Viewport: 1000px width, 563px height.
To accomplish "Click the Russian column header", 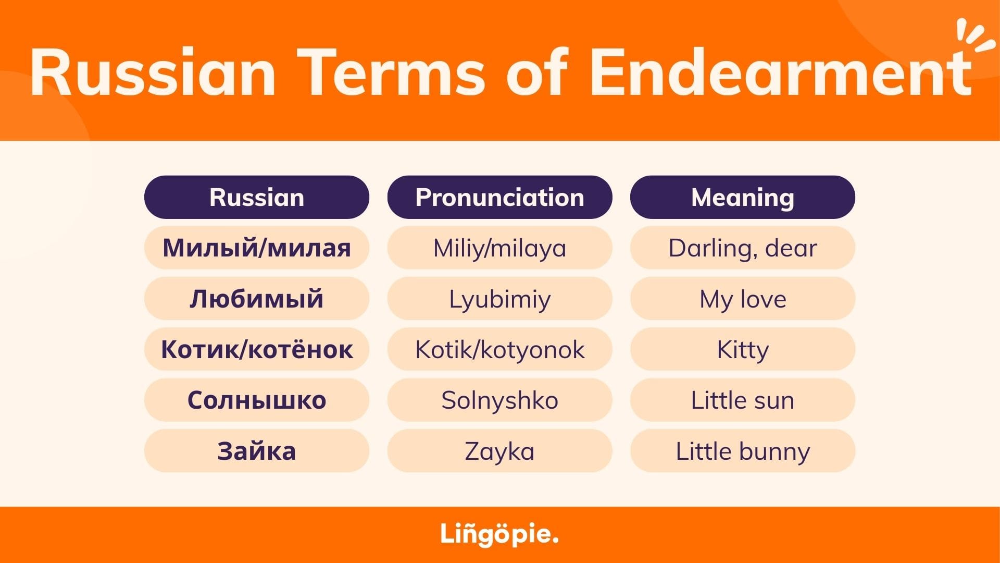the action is [257, 197].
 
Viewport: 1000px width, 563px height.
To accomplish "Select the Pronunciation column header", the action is [500, 197].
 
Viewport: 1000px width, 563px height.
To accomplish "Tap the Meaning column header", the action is [743, 197].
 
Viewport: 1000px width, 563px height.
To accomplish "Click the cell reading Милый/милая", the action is [257, 248].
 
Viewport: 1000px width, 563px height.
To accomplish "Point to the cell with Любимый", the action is [257, 298].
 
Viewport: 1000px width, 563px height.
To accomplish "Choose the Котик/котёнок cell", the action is [257, 349].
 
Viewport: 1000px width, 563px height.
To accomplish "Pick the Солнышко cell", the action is [257, 400].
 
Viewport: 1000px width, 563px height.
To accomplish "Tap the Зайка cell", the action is [257, 450].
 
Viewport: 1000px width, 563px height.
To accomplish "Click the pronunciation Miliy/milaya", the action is [500, 248].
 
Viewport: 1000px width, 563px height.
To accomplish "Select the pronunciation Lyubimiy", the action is [500, 298].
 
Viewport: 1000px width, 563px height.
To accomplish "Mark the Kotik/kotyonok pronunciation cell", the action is [500, 349].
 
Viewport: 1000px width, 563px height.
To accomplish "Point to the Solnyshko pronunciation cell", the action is [500, 400].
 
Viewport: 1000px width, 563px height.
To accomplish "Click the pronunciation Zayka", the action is [500, 450].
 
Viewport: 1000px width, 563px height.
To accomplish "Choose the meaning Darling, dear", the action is [743, 248].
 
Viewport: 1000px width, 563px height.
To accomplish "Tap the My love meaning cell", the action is [743, 298].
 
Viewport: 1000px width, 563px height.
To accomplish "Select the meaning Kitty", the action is [743, 349].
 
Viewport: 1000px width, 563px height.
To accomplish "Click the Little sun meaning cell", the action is [743, 400].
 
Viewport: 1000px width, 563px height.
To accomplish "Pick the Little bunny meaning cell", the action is [743, 450].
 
